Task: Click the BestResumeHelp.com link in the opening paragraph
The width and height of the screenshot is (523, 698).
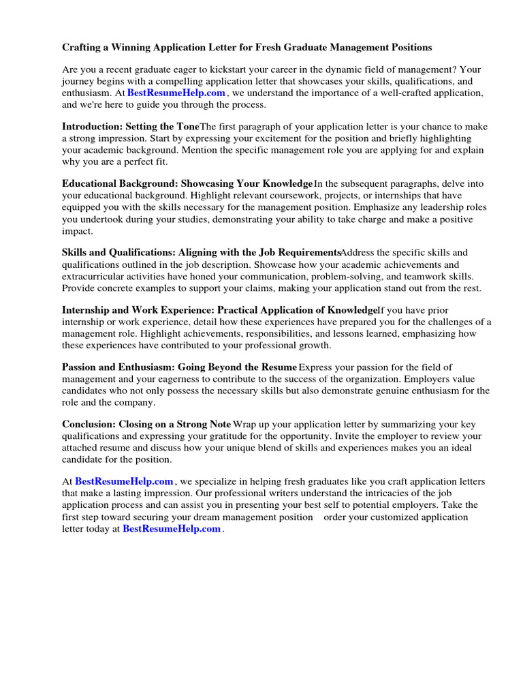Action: click(x=176, y=93)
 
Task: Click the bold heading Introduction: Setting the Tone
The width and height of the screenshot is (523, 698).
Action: click(x=131, y=127)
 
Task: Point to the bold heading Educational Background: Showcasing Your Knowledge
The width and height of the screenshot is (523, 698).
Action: click(x=187, y=184)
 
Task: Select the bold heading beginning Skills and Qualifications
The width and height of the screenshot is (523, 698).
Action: click(x=201, y=253)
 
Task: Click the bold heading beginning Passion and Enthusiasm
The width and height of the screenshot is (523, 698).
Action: click(x=179, y=367)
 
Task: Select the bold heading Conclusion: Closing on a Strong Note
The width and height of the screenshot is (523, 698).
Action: click(x=146, y=424)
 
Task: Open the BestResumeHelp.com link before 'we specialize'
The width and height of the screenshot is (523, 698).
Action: click(x=124, y=481)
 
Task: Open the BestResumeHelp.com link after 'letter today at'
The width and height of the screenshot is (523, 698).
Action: click(x=172, y=528)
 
